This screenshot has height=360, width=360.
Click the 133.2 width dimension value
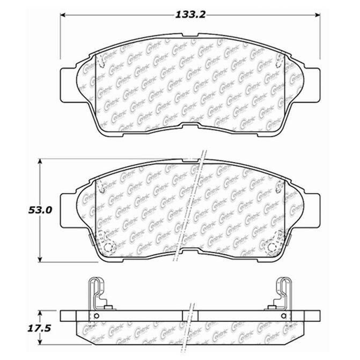(x=190, y=15)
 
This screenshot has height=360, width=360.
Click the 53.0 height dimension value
(x=40, y=210)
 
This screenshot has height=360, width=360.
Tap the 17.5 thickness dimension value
(x=39, y=328)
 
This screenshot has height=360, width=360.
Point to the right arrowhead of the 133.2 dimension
(x=317, y=15)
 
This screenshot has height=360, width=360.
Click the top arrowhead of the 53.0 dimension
(x=40, y=161)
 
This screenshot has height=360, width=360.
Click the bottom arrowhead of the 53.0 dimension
(x=40, y=259)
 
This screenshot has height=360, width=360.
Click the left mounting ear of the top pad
(x=68, y=85)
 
